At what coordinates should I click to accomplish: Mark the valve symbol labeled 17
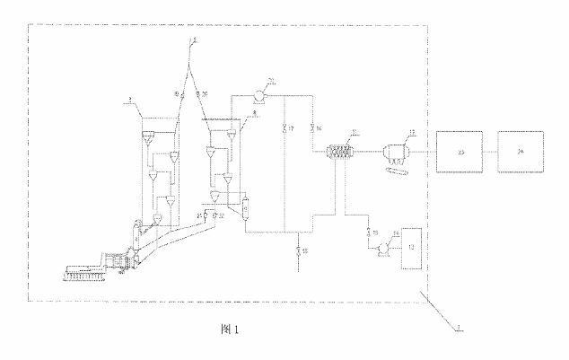(x=285, y=125)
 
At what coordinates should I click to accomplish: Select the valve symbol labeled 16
(x=311, y=125)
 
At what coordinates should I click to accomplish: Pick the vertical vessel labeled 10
(x=243, y=209)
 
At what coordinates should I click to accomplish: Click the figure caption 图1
(x=231, y=329)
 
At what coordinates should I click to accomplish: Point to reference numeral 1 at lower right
(x=459, y=331)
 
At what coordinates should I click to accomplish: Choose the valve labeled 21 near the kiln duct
(x=206, y=215)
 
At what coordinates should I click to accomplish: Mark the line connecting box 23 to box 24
(x=491, y=154)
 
